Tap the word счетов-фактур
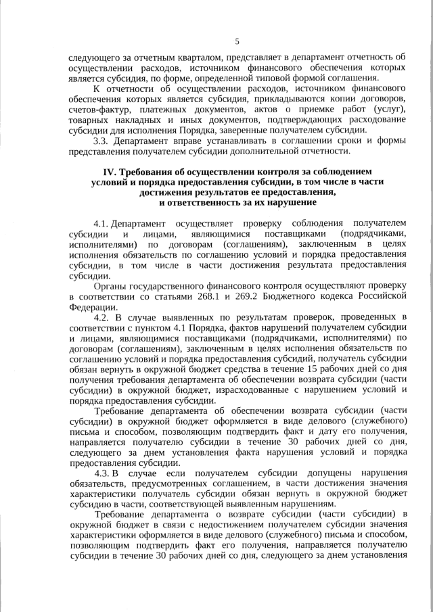pos(98,110)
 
